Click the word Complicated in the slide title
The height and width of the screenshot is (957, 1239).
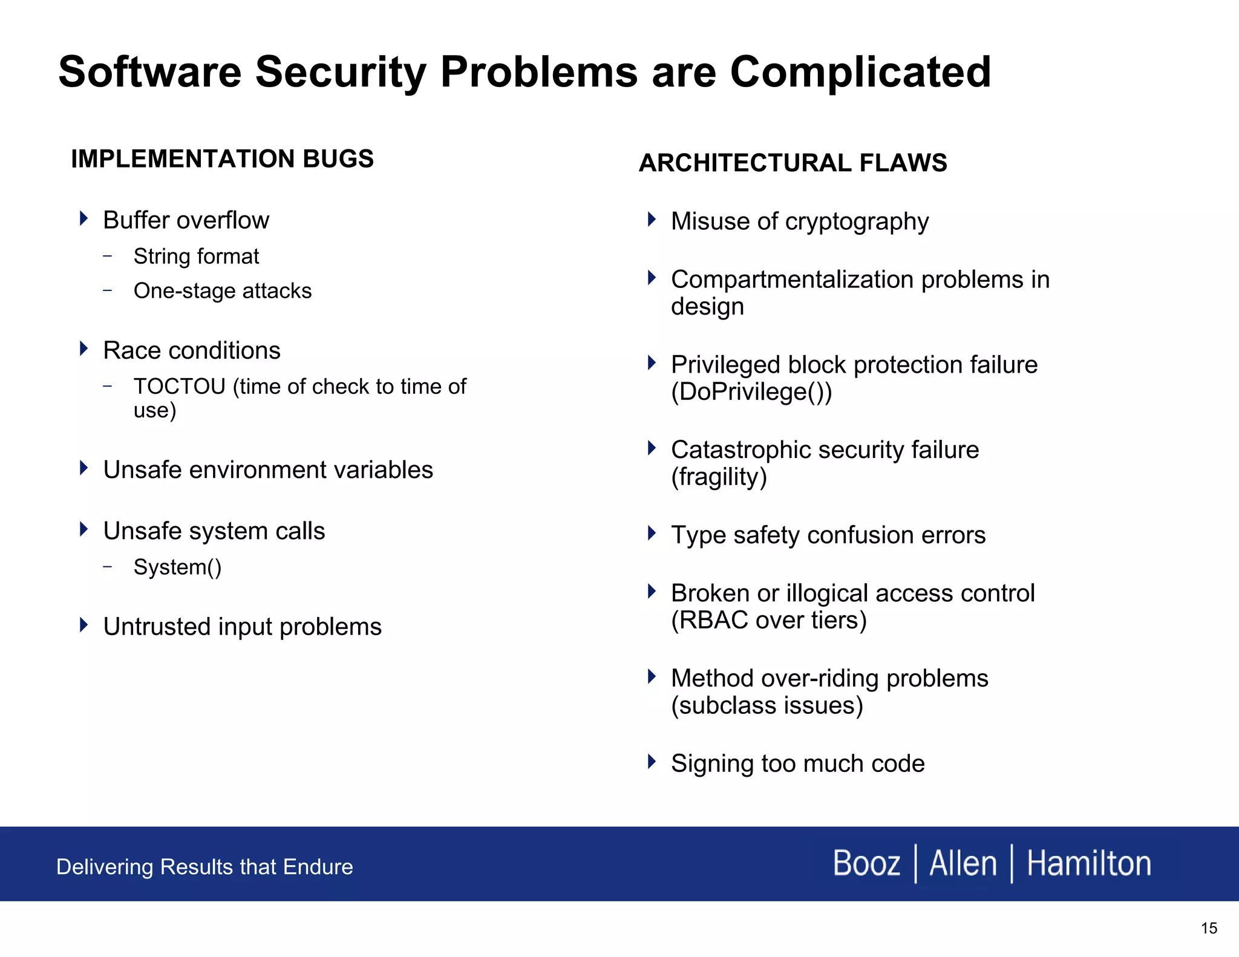click(860, 73)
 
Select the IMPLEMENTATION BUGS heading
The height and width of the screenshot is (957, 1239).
click(222, 159)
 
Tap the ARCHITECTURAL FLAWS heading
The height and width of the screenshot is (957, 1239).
click(793, 163)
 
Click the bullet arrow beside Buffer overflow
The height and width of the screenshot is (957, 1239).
click(84, 218)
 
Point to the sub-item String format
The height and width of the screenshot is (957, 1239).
click(196, 256)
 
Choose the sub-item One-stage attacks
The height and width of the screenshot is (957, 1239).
click(222, 291)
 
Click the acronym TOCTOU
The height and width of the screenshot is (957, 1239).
click(179, 387)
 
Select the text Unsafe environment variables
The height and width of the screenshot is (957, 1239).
click(268, 470)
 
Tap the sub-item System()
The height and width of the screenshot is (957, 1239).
click(177, 567)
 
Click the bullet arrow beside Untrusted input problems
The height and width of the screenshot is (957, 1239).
click(84, 625)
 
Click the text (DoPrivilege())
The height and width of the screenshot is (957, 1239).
click(751, 392)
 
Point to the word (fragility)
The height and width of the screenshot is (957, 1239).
click(719, 477)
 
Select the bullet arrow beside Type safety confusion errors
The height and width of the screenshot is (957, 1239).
click(652, 534)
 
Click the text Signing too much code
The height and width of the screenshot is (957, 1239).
click(797, 764)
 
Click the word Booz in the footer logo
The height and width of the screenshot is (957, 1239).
click(866, 863)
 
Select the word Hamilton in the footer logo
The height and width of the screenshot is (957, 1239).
click(1088, 863)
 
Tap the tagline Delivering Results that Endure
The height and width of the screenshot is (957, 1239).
click(204, 867)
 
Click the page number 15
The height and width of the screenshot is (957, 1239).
click(1208, 929)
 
